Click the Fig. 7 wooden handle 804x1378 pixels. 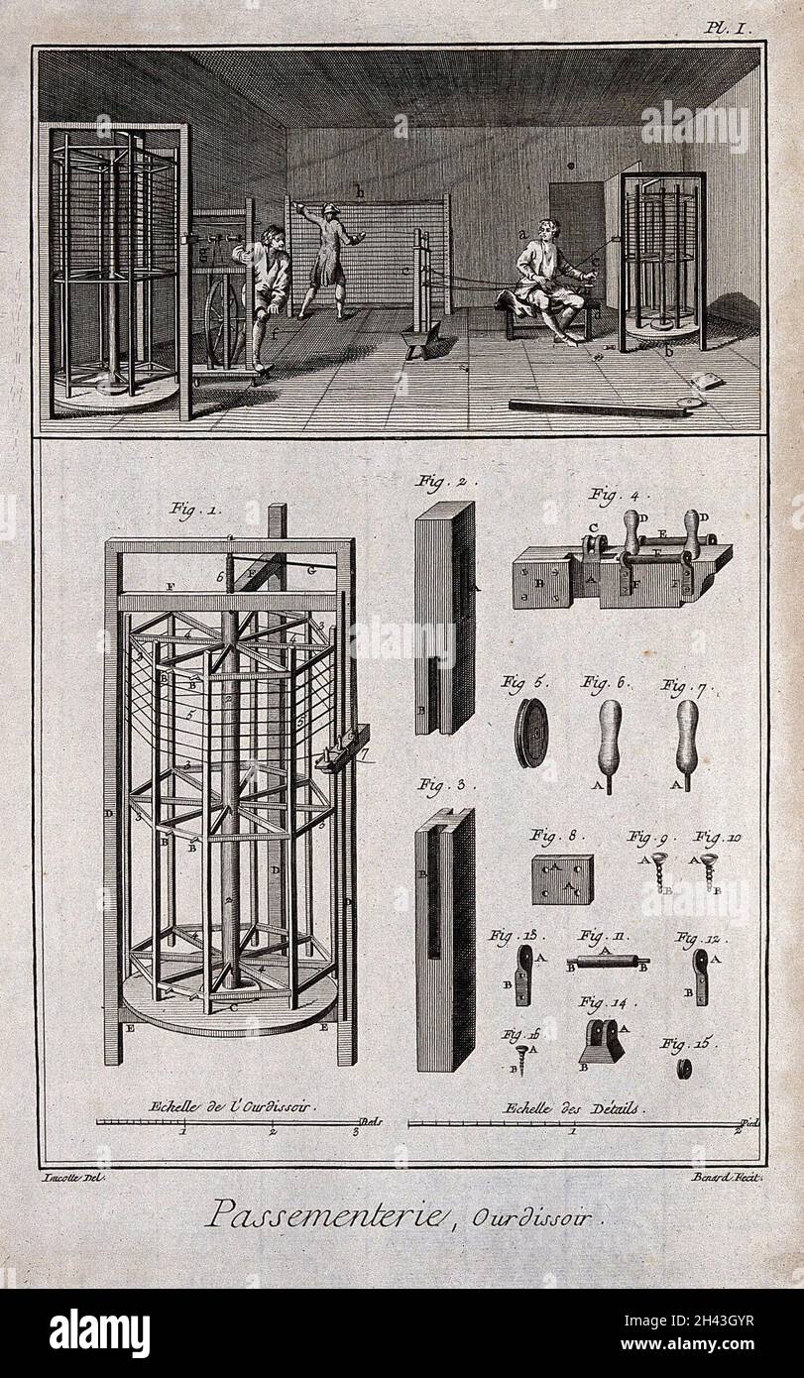(x=686, y=738)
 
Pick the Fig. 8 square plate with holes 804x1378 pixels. (x=562, y=879)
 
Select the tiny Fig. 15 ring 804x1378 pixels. (x=682, y=1069)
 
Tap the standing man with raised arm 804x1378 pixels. (x=329, y=258)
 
